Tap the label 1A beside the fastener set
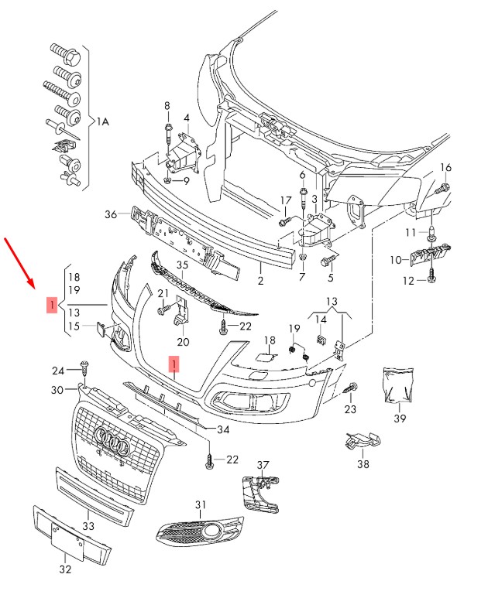[x=103, y=121]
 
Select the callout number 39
[x=400, y=419]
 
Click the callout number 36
[x=110, y=214]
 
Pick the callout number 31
[x=201, y=504]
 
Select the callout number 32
[x=65, y=570]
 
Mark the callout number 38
[x=363, y=464]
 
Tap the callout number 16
[x=445, y=168]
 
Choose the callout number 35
[x=182, y=265]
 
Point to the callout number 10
[x=395, y=259]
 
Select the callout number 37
[x=263, y=465]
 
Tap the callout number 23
[x=351, y=409]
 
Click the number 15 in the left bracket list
[x=74, y=326]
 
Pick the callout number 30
[x=57, y=390]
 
